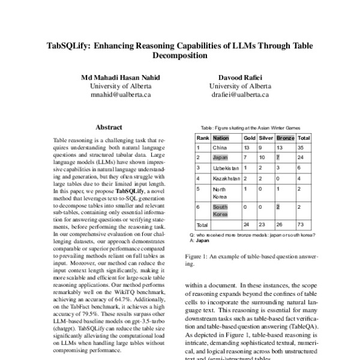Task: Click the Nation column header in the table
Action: pos(221,137)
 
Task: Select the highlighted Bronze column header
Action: pos(285,137)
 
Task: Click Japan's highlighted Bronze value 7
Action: pos(278,157)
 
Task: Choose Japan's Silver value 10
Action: pos(262,157)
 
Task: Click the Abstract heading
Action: pos(109,127)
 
